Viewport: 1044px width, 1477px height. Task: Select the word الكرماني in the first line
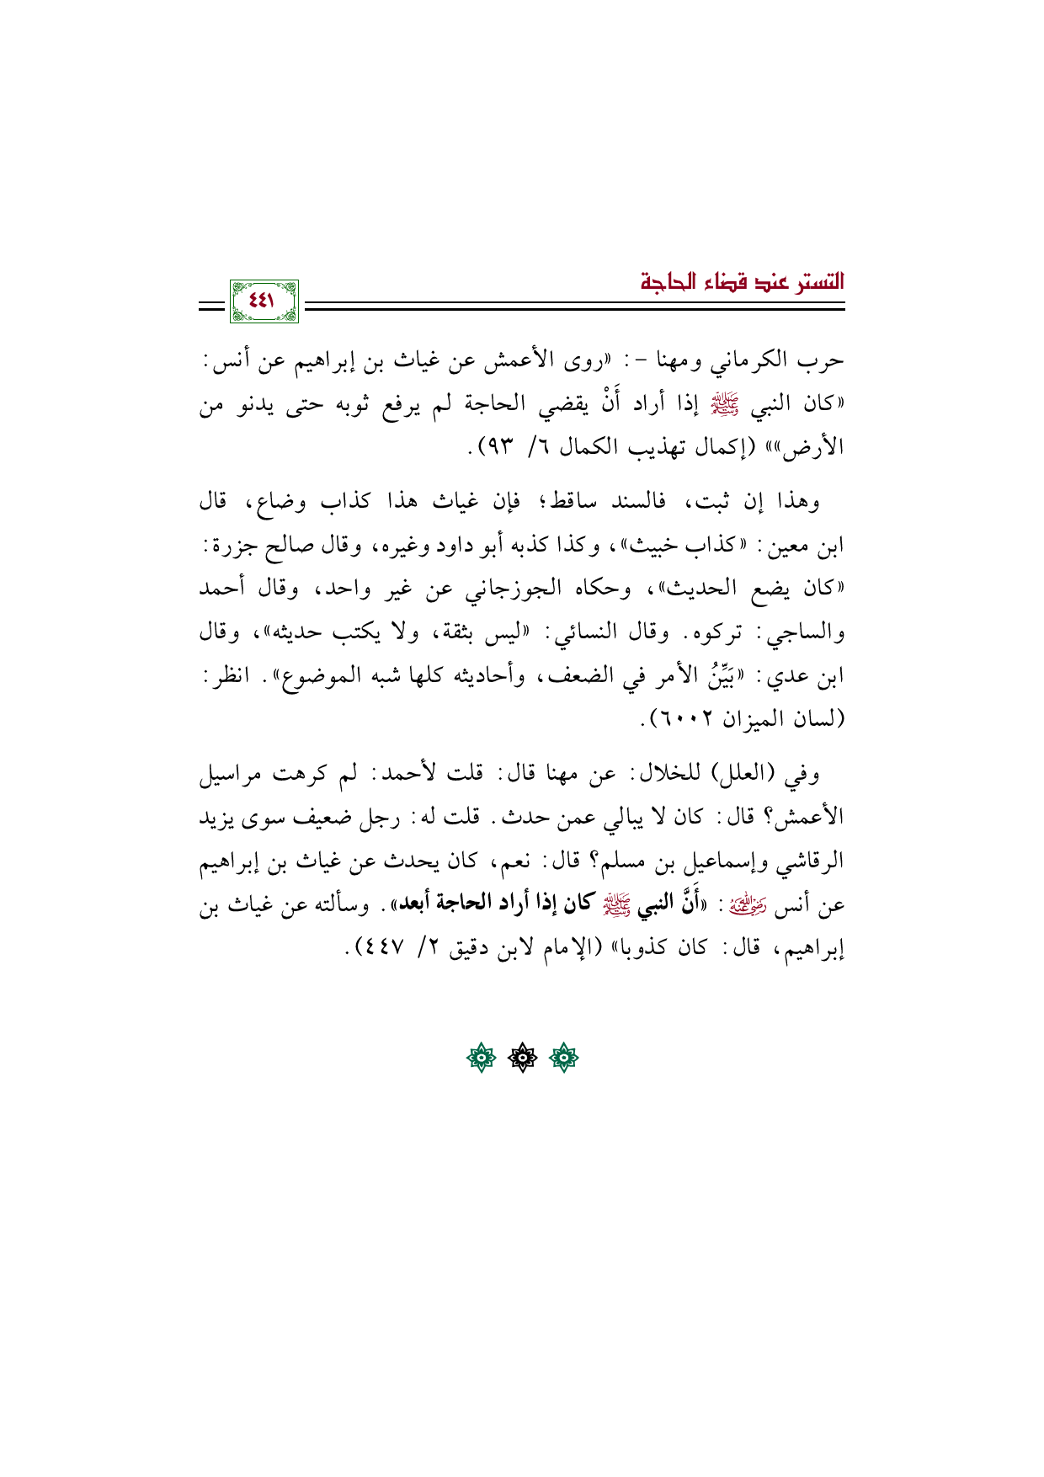pos(745,361)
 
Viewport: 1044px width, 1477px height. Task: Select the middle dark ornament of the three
pos(522,1058)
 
